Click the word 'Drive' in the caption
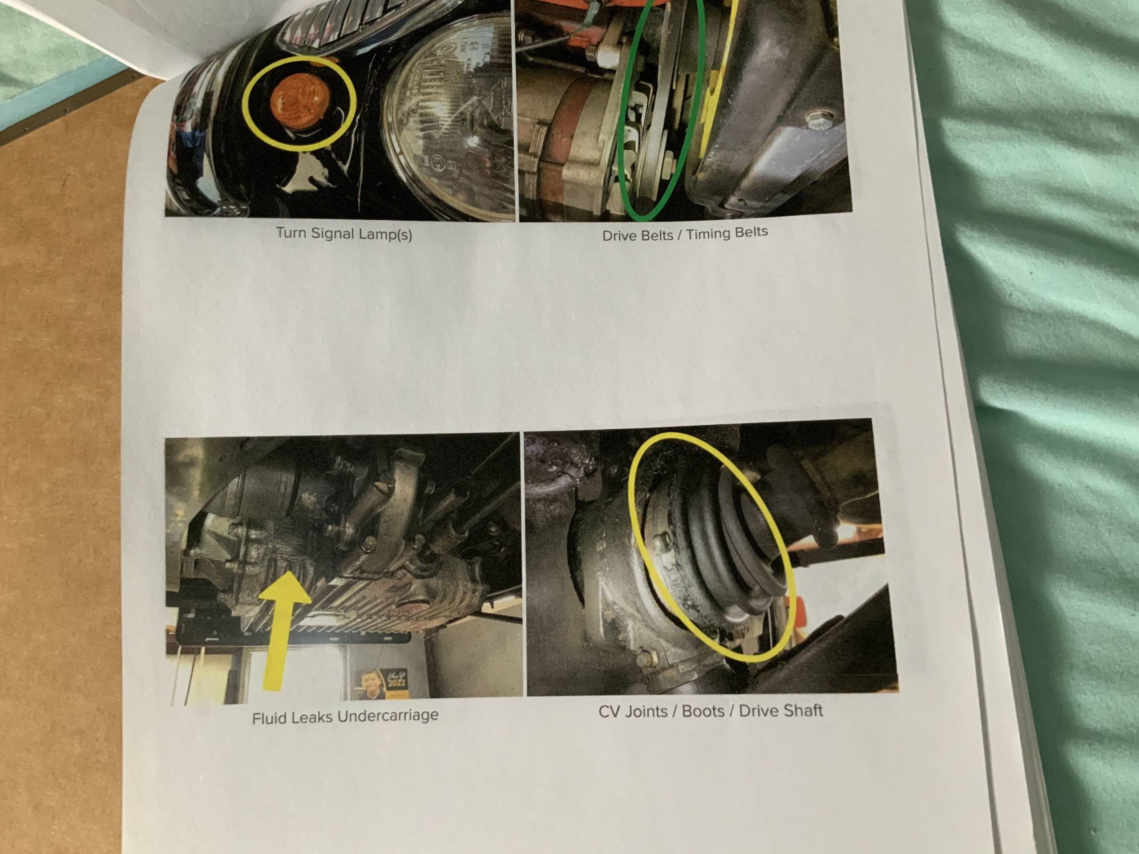tap(622, 236)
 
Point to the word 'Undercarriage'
tap(387, 715)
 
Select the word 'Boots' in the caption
tap(703, 711)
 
